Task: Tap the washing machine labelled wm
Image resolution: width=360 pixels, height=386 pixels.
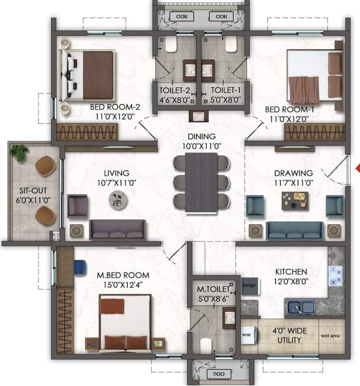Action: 247,334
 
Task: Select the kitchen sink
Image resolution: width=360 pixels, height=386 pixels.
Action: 300,306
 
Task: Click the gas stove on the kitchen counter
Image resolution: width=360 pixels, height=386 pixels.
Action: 335,276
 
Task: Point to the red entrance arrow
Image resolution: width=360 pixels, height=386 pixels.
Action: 357,168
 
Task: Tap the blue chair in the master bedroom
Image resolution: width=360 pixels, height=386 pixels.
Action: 80,266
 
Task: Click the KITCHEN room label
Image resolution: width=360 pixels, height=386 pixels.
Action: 291,271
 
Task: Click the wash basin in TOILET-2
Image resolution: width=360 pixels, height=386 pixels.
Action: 191,70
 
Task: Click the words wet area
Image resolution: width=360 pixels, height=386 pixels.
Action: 330,333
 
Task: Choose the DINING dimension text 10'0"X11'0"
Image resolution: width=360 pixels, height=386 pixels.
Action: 202,146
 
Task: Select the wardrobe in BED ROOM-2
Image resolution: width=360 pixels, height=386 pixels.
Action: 86,133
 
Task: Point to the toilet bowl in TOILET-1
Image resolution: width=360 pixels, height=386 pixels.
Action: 231,46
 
